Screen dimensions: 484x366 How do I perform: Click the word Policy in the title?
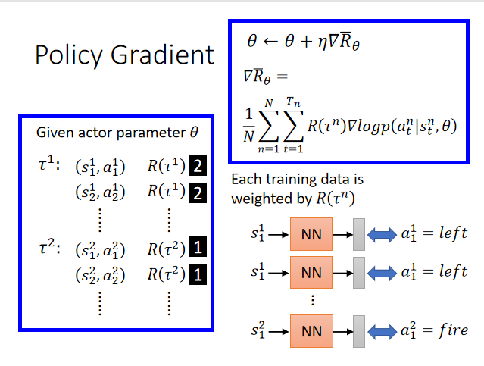[69, 55]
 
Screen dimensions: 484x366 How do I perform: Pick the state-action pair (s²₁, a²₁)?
[101, 249]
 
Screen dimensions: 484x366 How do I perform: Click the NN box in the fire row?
[311, 330]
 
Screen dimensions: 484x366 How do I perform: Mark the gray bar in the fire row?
[358, 330]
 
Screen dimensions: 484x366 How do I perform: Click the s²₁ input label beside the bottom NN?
[258, 330]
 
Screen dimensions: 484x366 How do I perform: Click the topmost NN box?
[311, 235]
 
